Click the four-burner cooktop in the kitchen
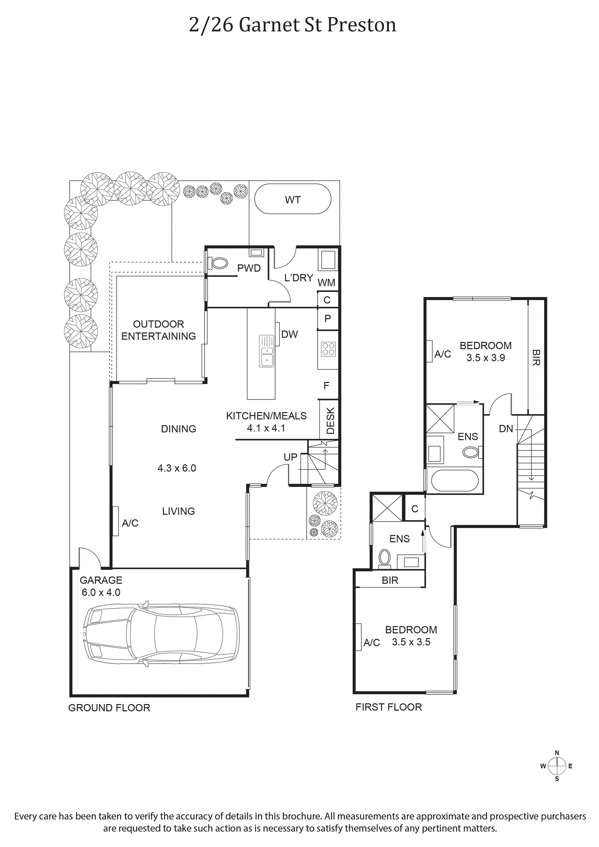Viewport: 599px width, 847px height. pyautogui.click(x=328, y=349)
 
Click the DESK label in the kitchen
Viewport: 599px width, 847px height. pyautogui.click(x=330, y=421)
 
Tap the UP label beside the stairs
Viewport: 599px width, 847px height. pyautogui.click(x=290, y=457)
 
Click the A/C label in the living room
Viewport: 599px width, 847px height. pyautogui.click(x=130, y=523)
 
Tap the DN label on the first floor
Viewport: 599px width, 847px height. pyautogui.click(x=506, y=429)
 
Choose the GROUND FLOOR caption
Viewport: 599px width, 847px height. pyautogui.click(x=109, y=708)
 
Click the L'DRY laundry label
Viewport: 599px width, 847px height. pyautogui.click(x=299, y=278)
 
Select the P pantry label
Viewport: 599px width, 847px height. pyautogui.click(x=327, y=319)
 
